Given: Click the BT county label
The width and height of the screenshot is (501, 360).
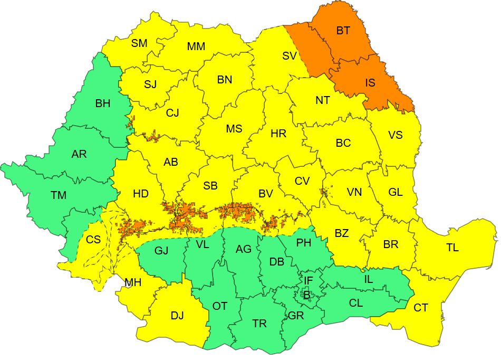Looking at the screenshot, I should tap(343, 31).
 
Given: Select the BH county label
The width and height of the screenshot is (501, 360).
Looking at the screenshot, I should tap(103, 103).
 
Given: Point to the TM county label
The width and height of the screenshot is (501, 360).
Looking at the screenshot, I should tap(59, 195).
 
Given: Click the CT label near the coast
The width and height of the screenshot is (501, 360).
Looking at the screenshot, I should tap(420, 308).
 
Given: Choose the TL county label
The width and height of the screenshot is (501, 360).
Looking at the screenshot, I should tap(452, 248).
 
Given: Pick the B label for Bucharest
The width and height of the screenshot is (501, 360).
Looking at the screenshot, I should tap(306, 295).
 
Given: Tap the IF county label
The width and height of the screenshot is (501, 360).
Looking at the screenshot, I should tap(309, 280).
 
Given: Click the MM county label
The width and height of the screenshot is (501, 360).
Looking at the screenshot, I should tap(196, 46).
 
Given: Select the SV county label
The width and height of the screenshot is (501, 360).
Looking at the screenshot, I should tap(290, 56).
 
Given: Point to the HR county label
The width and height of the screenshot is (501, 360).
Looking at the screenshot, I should tap(278, 134).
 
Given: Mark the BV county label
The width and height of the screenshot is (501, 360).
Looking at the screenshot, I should tap(265, 194).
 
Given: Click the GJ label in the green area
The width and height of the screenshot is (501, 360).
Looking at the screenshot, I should tap(161, 250).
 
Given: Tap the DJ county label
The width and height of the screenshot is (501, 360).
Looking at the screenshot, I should tap(177, 316).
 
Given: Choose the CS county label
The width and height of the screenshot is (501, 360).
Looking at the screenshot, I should tap(93, 240).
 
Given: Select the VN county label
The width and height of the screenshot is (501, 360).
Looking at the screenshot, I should tap(354, 192).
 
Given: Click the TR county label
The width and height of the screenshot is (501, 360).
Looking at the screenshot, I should tap(259, 324).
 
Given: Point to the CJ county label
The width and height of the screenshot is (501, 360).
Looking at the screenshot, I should tap(172, 112).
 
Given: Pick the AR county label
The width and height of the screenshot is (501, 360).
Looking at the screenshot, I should tap(79, 154).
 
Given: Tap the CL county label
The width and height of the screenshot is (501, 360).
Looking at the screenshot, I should tap(356, 304).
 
